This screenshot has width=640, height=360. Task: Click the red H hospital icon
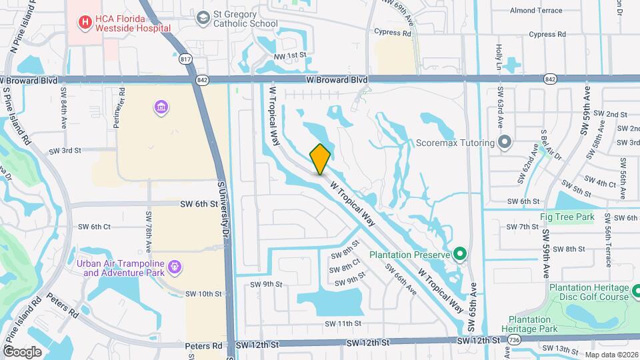[x=85, y=22]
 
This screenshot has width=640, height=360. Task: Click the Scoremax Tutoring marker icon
[x=505, y=142]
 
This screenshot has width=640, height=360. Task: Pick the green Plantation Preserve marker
[x=459, y=253]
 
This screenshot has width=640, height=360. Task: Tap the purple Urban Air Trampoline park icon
[x=175, y=267]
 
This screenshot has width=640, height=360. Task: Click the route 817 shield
[x=186, y=60]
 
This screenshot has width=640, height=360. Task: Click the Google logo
[x=22, y=351]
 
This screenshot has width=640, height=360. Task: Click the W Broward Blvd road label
[x=337, y=79]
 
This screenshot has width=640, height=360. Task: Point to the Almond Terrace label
[x=537, y=11]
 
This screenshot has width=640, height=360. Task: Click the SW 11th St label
[x=343, y=323]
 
